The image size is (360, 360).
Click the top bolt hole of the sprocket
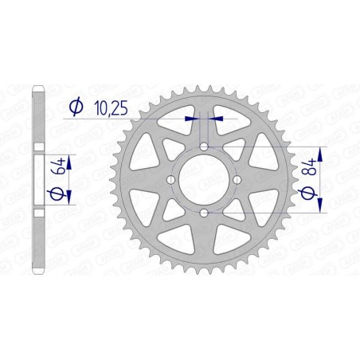click(x=205, y=147)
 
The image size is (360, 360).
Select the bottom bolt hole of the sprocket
click(x=205, y=213)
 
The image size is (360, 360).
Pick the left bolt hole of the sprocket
click(x=171, y=180)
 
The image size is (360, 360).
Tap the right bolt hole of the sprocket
click(x=237, y=180)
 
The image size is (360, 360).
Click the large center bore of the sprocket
click(x=205, y=180)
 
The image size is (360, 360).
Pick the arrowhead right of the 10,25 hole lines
click(x=217, y=118)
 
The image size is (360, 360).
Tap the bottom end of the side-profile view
click(x=39, y=272)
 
